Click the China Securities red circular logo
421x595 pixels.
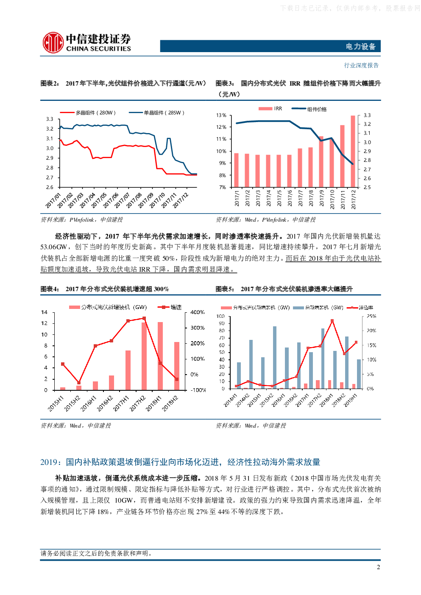tap(53, 43)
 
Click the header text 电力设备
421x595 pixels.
tap(360, 47)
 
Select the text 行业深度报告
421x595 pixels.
tap(361, 65)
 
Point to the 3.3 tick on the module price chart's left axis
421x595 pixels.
tap(50, 119)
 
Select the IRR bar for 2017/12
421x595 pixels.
tap(353, 151)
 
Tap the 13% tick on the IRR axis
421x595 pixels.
tap(221, 115)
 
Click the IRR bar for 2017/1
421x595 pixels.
tap(236, 170)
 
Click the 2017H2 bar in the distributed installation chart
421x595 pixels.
tap(144, 356)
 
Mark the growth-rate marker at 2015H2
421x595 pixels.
tap(79, 383)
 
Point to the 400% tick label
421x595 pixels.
tap(197, 312)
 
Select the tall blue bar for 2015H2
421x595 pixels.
tap(275, 357)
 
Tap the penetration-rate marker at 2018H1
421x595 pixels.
tap(332, 321)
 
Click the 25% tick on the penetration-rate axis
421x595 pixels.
tap(371, 317)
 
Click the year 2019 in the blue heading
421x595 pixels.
tap(48, 462)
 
